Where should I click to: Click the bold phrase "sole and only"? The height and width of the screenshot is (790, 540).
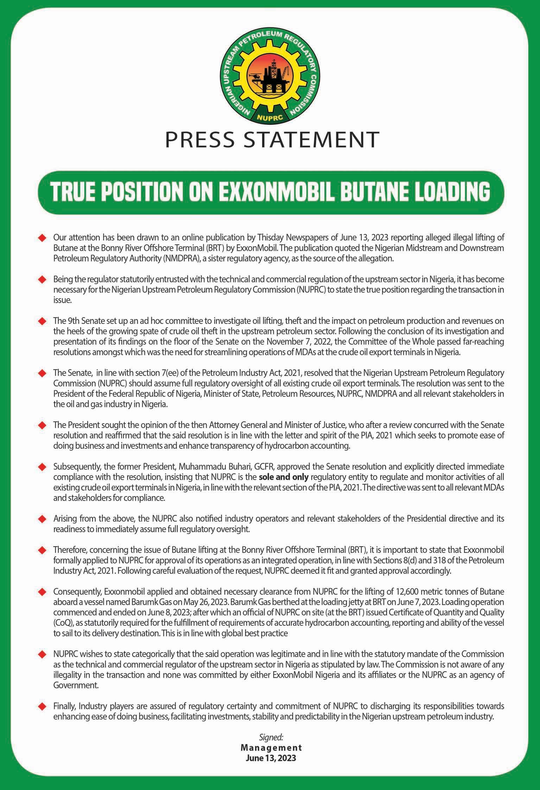coord(284,477)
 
